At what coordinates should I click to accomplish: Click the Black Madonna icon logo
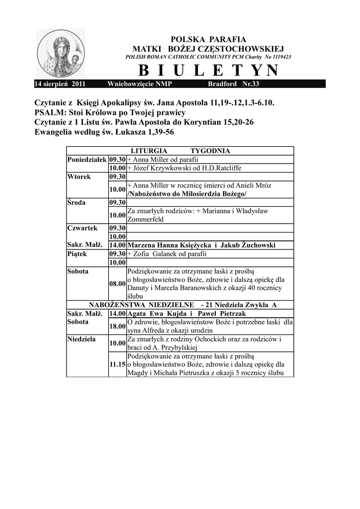click(61, 53)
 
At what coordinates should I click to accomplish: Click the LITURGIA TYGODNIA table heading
click(180, 151)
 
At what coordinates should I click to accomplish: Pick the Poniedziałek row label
click(87, 159)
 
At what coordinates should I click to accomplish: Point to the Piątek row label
click(77, 254)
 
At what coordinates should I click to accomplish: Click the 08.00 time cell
click(117, 283)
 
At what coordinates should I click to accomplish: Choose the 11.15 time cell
click(117, 364)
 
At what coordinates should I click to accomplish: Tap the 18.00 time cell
click(117, 326)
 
